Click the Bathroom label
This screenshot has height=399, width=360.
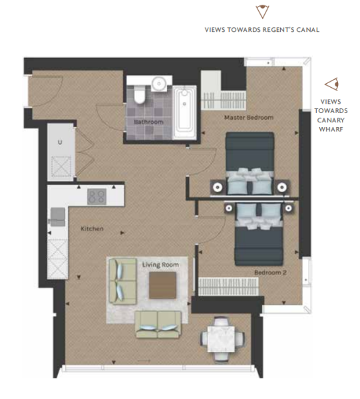click(x=148, y=122)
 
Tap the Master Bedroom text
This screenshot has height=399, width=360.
click(x=249, y=118)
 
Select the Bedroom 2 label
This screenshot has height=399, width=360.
click(x=270, y=273)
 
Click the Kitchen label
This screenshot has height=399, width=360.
click(x=92, y=229)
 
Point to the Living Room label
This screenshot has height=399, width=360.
click(x=160, y=265)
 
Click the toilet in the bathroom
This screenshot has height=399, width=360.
click(x=139, y=94)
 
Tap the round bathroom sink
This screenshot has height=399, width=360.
click(x=159, y=83)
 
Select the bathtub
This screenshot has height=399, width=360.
click(x=184, y=112)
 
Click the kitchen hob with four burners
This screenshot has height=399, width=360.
click(x=96, y=196)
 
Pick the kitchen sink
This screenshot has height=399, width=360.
click(x=58, y=217)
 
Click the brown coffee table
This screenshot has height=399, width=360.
click(x=162, y=285)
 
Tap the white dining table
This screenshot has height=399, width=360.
click(x=221, y=339)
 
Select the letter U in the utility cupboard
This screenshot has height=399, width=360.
click(x=60, y=142)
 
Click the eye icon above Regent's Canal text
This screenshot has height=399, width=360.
click(x=262, y=12)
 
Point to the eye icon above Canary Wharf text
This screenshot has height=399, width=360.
click(x=332, y=84)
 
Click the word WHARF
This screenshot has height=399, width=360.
click(x=331, y=129)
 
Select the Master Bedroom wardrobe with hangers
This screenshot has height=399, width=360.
click(x=224, y=100)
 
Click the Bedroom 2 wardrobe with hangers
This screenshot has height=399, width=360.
click(x=228, y=286)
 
